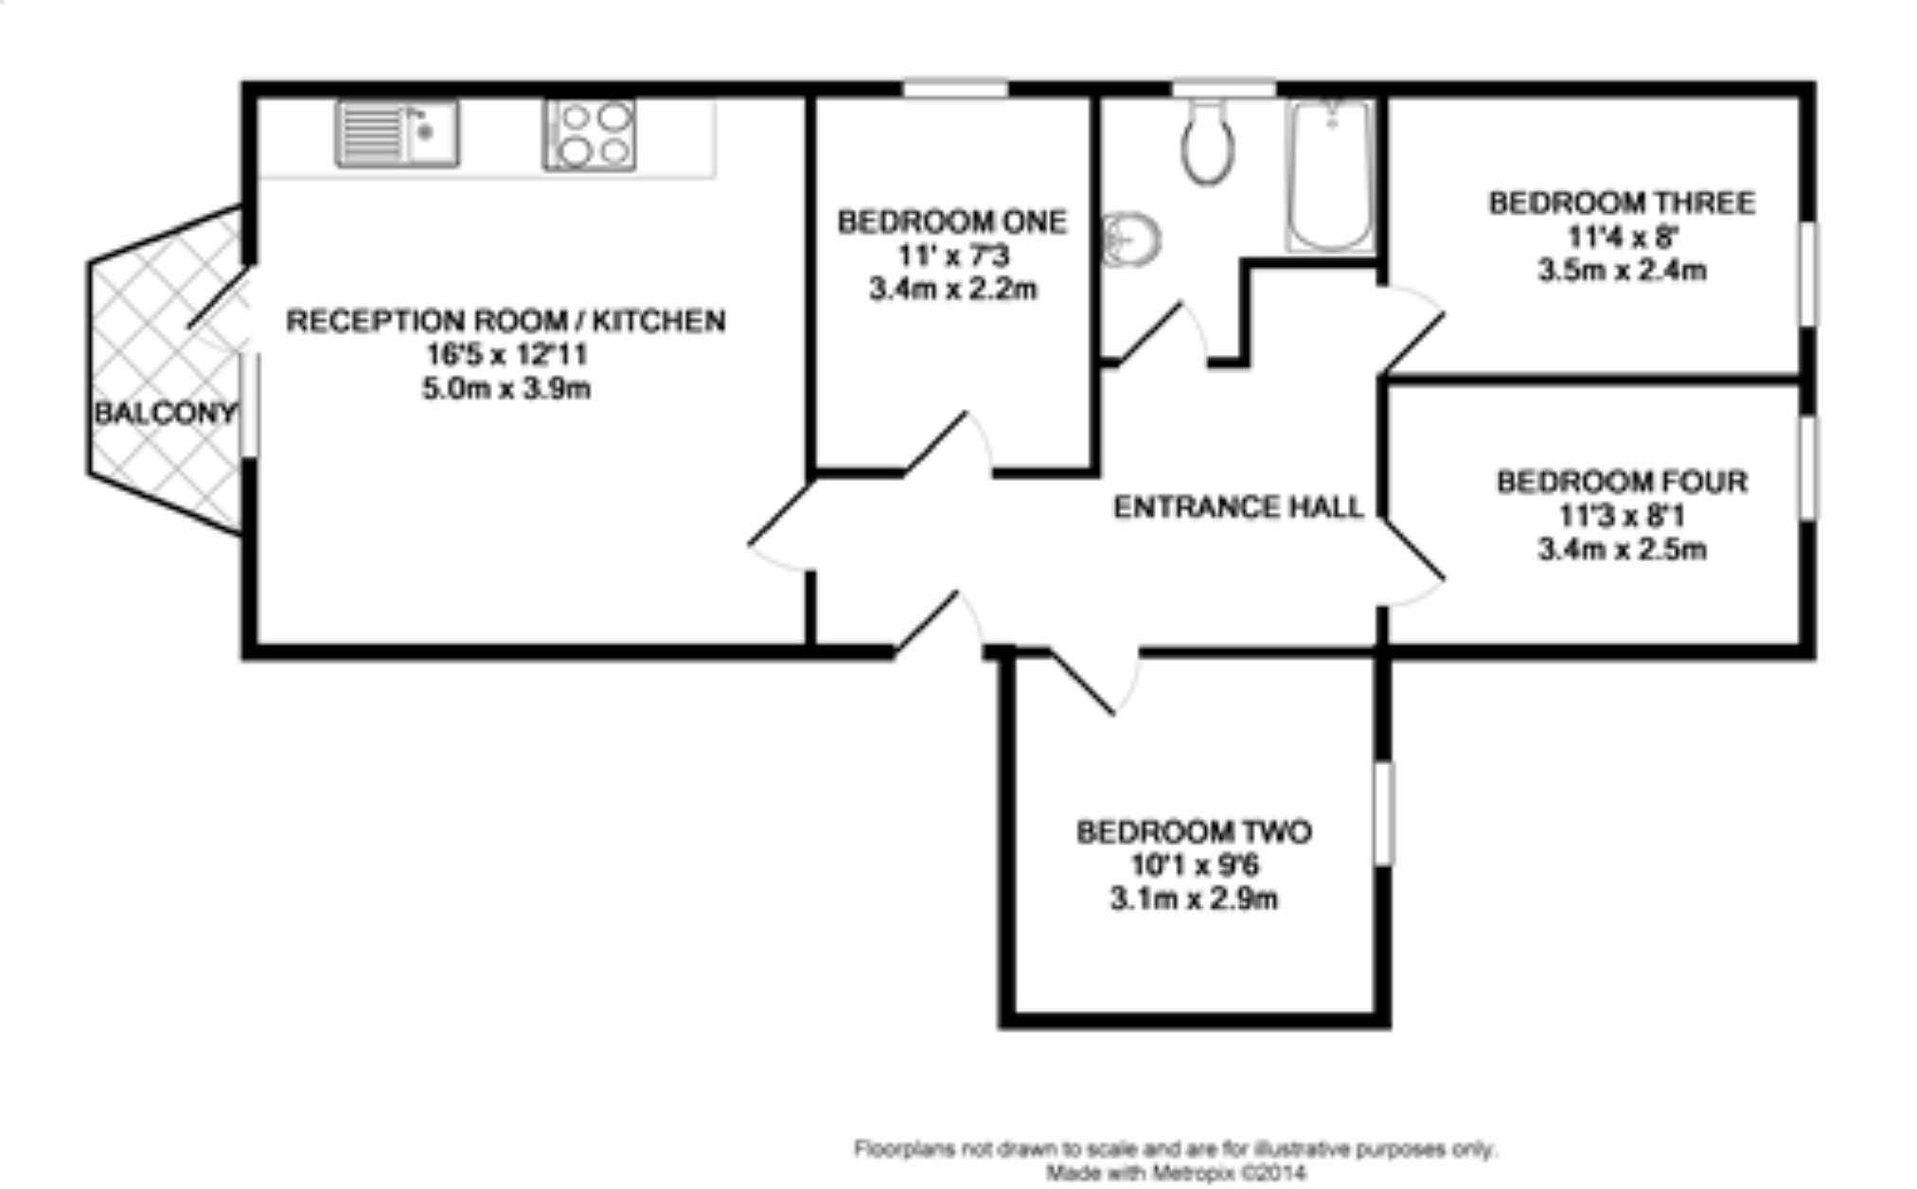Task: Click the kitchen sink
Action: click(x=398, y=133)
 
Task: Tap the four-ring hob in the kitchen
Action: click(x=589, y=134)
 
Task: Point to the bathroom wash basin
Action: click(x=1131, y=239)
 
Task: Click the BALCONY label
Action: click(x=164, y=413)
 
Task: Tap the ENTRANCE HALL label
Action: click(x=1237, y=507)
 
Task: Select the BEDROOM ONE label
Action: click(x=951, y=222)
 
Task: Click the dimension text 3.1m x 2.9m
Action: click(x=1194, y=898)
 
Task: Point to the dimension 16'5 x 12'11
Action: click(x=506, y=355)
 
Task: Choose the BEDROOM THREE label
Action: click(x=1622, y=203)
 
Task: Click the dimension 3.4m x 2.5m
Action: click(x=1622, y=550)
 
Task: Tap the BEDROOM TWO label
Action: click(x=1194, y=832)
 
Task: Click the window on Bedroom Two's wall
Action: click(x=1383, y=813)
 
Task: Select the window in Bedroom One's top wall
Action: click(x=954, y=89)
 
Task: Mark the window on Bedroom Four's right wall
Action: click(x=1807, y=468)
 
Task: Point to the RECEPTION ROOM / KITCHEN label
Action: click(x=506, y=321)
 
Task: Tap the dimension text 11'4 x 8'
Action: click(x=1622, y=237)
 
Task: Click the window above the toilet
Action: click(x=1224, y=89)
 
